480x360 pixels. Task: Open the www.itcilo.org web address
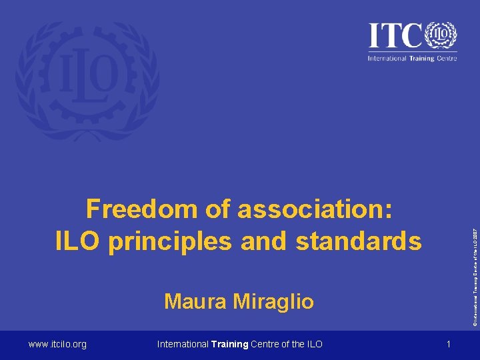click(57, 344)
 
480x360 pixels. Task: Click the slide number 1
click(449, 344)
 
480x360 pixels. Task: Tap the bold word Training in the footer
click(229, 344)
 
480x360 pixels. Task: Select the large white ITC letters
click(396, 35)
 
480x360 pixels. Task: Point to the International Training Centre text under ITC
click(412, 58)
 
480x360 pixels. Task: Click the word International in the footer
click(183, 344)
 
